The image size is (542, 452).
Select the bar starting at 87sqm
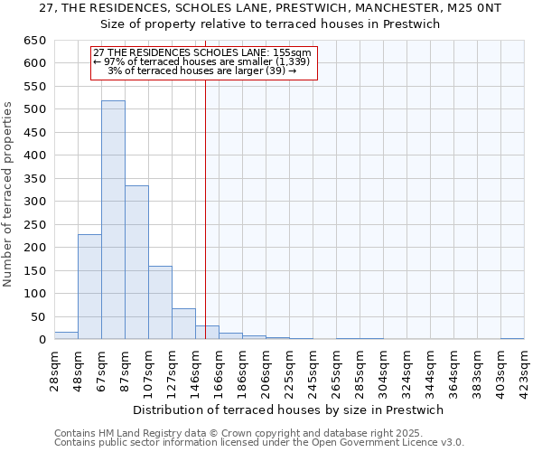coord(136,262)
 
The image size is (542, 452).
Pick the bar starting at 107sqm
coord(160,303)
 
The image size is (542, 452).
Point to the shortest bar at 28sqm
coord(66,335)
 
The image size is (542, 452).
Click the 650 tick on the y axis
coord(36,41)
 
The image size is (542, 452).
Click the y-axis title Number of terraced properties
coord(8,194)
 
